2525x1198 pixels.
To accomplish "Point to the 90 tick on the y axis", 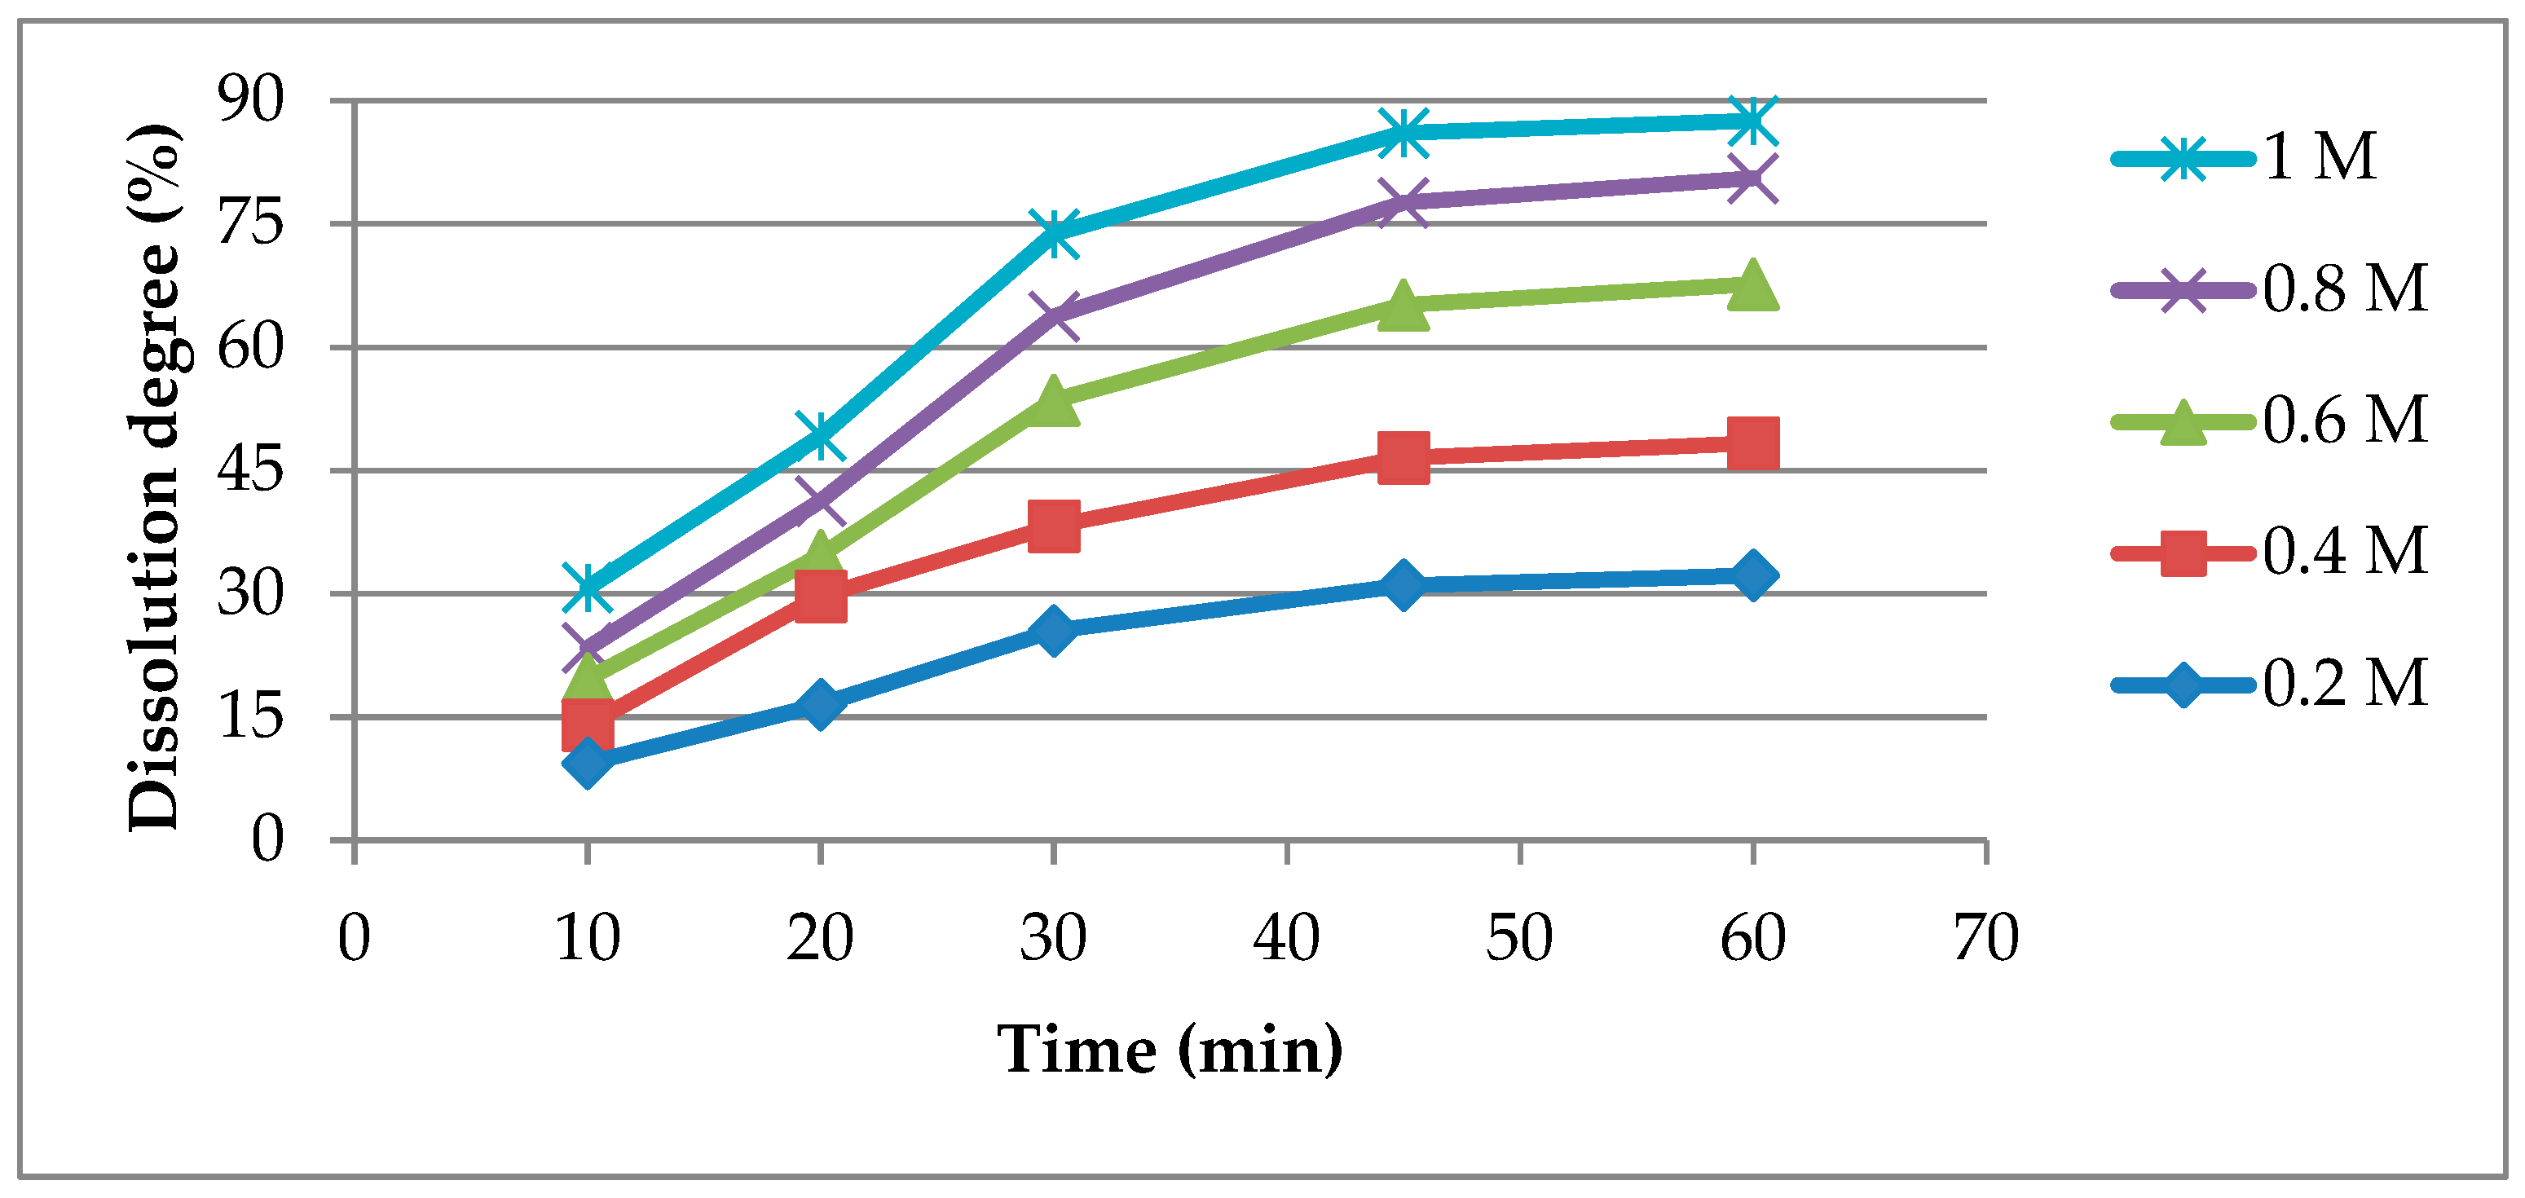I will point(251,100).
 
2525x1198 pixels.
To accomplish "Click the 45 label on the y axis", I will point(251,469).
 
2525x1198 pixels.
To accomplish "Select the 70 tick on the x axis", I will point(1986,938).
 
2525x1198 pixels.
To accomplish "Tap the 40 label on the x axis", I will point(1286,938).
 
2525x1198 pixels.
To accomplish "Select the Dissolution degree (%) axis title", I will point(155,478).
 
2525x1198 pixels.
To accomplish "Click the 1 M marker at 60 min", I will point(1752,121).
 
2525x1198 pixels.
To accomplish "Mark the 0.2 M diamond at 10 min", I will point(587,762).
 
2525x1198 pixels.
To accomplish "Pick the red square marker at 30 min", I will point(1054,526).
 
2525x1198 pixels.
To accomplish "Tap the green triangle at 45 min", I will point(1403,304).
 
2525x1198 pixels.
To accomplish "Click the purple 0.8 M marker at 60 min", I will point(1752,178).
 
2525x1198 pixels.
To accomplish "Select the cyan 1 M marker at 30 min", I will point(1054,233).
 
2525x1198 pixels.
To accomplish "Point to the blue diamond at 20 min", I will point(821,704).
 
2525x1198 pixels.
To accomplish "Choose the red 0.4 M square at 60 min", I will point(1752,443).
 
